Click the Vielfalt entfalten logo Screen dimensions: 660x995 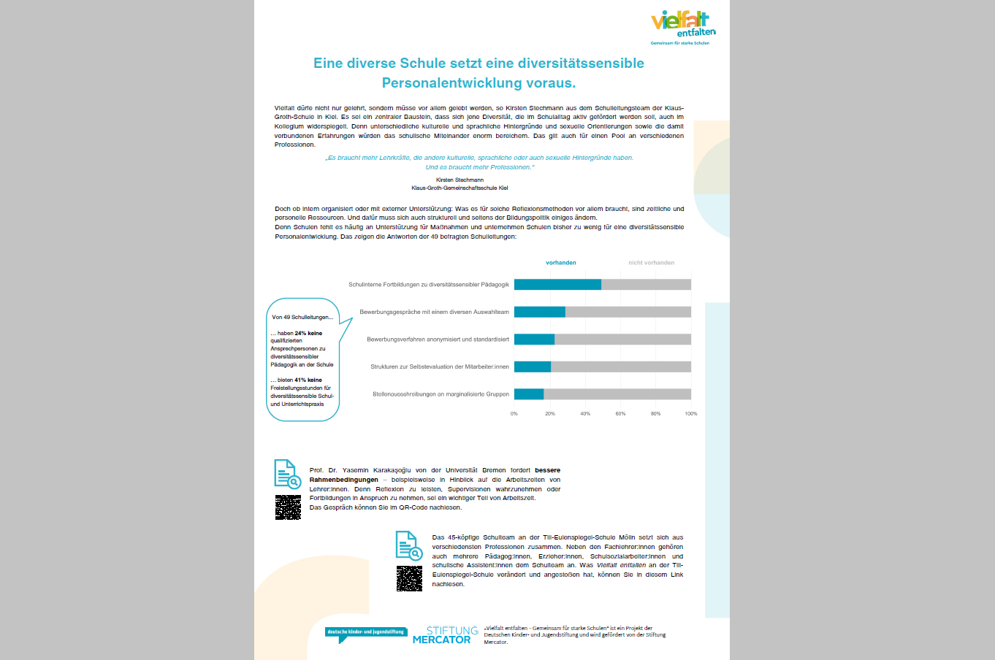tap(682, 27)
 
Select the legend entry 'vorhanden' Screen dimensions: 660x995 tap(561, 263)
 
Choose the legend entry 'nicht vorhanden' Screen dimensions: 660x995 tap(651, 263)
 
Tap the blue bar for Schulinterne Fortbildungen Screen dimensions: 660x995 tap(557, 285)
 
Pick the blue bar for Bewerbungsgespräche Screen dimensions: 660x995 tap(539, 312)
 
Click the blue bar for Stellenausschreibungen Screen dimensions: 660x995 tap(529, 394)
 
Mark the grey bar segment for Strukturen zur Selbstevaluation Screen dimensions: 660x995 tap(621, 367)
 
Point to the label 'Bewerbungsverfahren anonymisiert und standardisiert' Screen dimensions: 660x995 tap(438, 339)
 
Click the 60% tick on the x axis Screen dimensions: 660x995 tap(620, 414)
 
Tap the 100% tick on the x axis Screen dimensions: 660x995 tap(690, 414)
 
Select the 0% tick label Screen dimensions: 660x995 tap(514, 414)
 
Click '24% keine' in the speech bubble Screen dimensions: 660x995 tap(308, 333)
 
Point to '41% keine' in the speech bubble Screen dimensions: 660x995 tap(308, 380)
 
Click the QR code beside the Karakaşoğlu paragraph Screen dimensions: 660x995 tap(288, 507)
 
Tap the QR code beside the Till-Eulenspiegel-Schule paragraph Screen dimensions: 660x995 tap(409, 578)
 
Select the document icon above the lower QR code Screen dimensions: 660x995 tap(408, 545)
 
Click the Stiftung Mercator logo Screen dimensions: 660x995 tap(445, 635)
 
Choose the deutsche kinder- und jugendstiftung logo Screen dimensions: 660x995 tap(365, 633)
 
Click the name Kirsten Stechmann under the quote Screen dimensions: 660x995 tap(460, 180)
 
